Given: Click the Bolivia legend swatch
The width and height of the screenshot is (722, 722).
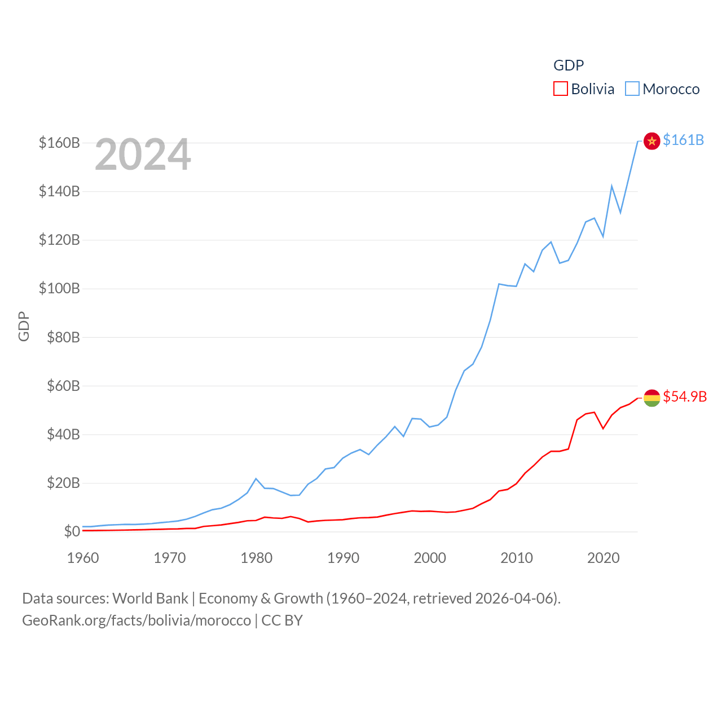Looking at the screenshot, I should coord(560,89).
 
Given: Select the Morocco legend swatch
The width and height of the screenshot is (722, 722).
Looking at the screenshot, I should coord(632,89).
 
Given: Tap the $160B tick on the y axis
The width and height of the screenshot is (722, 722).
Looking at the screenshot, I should coord(59,143).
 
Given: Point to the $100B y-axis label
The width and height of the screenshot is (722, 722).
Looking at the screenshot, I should coord(59,289).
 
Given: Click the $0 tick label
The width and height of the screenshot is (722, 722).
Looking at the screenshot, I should coord(72,531).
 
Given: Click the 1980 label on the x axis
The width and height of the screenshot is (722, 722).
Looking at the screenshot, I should coord(256,558).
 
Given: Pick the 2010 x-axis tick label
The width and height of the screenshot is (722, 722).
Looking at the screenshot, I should coord(517,558).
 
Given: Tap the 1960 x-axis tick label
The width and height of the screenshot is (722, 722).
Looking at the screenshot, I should coord(83,558).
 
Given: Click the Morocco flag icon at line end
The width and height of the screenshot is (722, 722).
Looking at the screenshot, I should coord(651,140).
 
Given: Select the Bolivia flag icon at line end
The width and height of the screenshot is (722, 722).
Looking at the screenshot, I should coord(651,398).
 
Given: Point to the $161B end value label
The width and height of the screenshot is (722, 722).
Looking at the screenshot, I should coord(683,140).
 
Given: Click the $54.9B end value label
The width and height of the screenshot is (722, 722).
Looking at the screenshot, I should coord(685,397).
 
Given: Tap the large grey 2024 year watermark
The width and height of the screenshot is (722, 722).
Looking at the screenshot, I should coord(143,155).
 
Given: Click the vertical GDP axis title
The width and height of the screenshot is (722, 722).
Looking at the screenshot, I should coord(24,326).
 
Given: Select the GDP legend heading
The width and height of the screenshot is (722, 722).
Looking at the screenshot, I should coord(569,65).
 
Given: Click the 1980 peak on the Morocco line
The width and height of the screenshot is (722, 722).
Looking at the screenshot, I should coord(256,478).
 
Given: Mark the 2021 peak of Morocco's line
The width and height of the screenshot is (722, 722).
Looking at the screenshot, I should coord(612,186).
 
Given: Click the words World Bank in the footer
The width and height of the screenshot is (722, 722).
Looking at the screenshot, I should coord(150,598).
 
